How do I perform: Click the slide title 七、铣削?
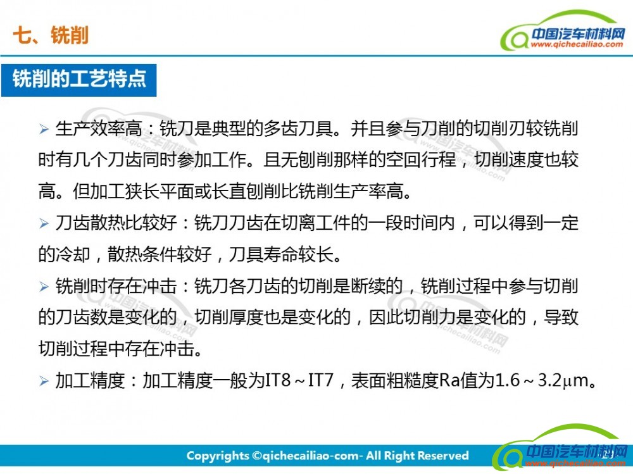(x=51, y=35)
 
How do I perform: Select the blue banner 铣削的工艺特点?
(x=78, y=80)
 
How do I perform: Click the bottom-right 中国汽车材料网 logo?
(x=561, y=447)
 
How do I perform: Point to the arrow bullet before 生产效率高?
(x=44, y=129)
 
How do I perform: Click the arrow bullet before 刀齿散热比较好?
(x=44, y=223)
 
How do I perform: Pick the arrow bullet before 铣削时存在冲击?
(x=44, y=287)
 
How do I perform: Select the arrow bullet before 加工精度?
(x=44, y=381)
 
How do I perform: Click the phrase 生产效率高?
(x=99, y=129)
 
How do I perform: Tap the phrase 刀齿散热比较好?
(x=116, y=223)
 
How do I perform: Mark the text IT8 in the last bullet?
(x=278, y=380)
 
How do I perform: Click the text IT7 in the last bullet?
(x=321, y=380)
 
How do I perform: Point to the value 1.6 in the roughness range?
(x=507, y=380)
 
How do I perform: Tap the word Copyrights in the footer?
(x=218, y=456)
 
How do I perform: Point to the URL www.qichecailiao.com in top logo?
(x=577, y=44)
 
